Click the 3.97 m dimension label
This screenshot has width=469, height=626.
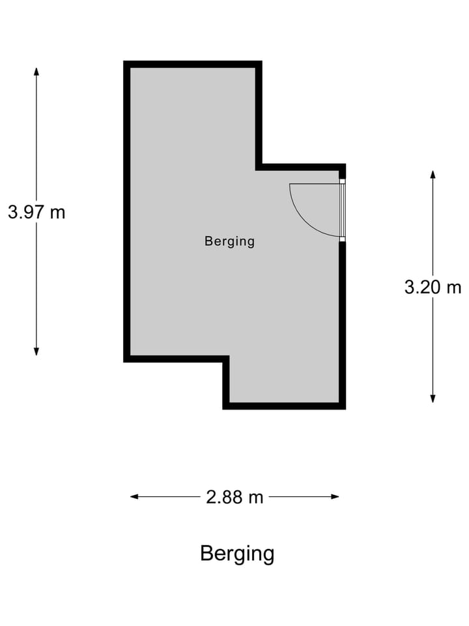[36, 212]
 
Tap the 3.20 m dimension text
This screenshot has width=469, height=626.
[433, 287]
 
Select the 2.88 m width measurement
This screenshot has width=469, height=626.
[234, 497]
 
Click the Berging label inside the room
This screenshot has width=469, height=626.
[229, 241]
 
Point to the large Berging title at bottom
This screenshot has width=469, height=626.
[237, 554]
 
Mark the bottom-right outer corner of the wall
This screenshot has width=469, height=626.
[345, 408]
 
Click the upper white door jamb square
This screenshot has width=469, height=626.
[342, 181]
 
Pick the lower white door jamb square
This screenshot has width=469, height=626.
[342, 239]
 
